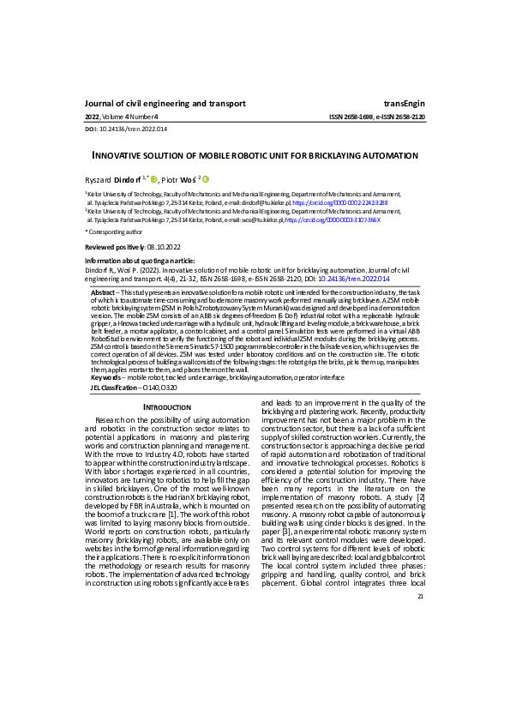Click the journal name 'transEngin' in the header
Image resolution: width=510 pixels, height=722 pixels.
click(x=404, y=103)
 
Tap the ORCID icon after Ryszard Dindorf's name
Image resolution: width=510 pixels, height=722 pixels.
click(x=154, y=178)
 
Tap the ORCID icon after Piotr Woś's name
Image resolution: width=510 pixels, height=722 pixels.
click(x=206, y=178)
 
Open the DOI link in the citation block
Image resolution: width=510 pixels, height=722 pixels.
click(x=354, y=279)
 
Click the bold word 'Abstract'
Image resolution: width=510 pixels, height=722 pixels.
click(x=104, y=292)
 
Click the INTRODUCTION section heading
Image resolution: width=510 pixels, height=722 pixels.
click(x=167, y=406)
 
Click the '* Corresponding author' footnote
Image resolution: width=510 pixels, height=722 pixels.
click(x=114, y=232)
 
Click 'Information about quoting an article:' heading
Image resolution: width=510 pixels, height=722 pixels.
click(x=140, y=260)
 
